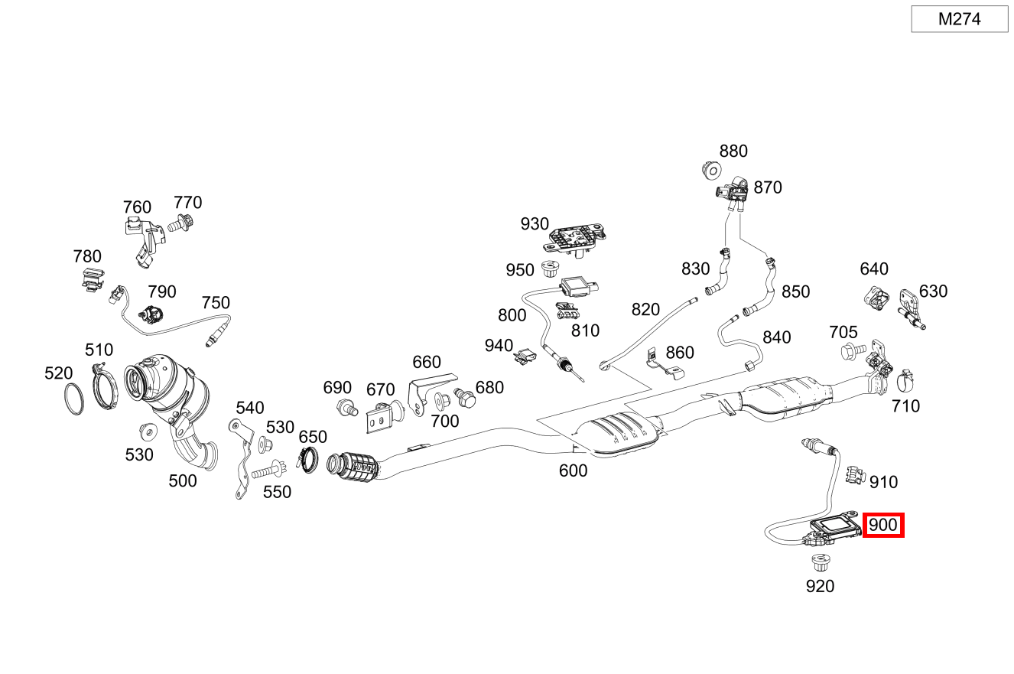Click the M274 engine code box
(959, 19)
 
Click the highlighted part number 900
(883, 526)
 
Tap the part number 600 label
(573, 470)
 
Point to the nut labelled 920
(820, 565)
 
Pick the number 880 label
(733, 151)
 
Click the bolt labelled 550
(268, 467)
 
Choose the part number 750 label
(216, 303)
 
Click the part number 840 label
(777, 337)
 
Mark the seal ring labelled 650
(308, 461)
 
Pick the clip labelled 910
(853, 474)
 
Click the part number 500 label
(182, 481)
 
